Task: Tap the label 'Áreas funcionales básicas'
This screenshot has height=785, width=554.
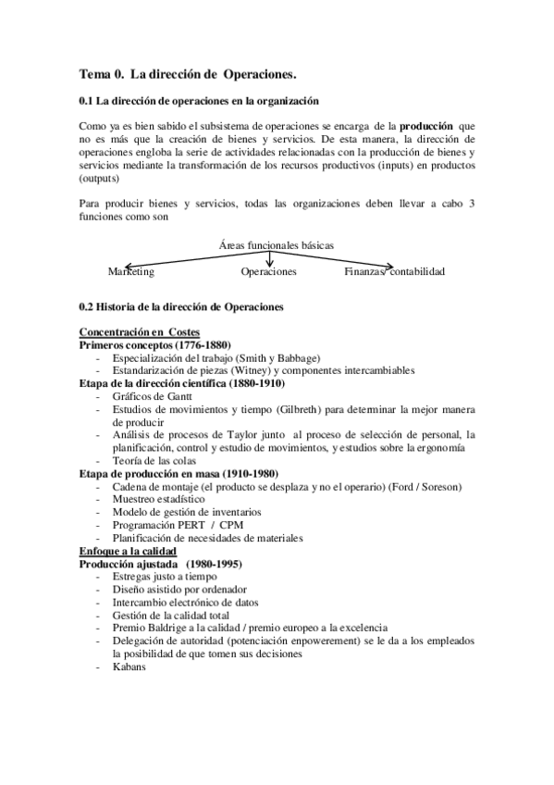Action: click(x=277, y=245)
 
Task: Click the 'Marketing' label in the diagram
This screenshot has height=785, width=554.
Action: click(x=131, y=272)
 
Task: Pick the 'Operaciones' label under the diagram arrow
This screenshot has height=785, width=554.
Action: click(x=268, y=272)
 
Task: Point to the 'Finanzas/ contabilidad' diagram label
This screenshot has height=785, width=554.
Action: click(x=395, y=272)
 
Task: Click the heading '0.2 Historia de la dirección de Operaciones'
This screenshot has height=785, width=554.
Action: click(x=181, y=305)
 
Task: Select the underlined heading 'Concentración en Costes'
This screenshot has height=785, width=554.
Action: click(x=139, y=332)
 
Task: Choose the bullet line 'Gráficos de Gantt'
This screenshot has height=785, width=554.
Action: click(x=154, y=395)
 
